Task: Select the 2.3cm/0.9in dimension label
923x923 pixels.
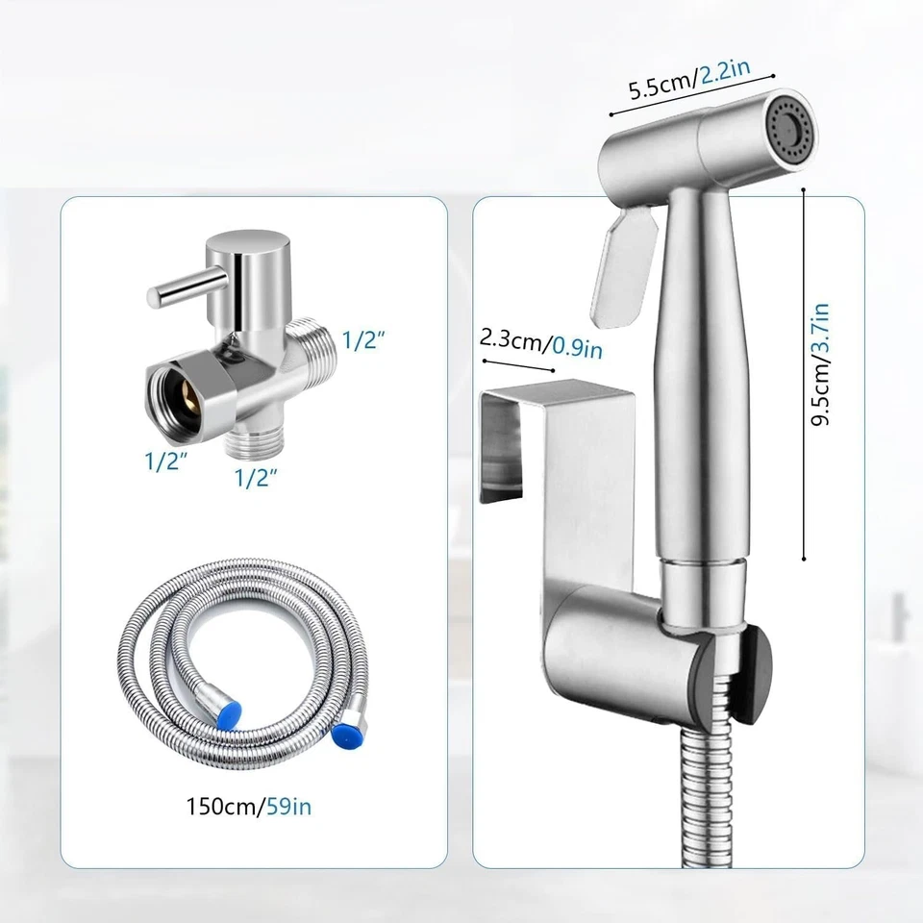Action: tap(541, 343)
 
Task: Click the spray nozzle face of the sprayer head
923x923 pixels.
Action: tap(789, 129)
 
